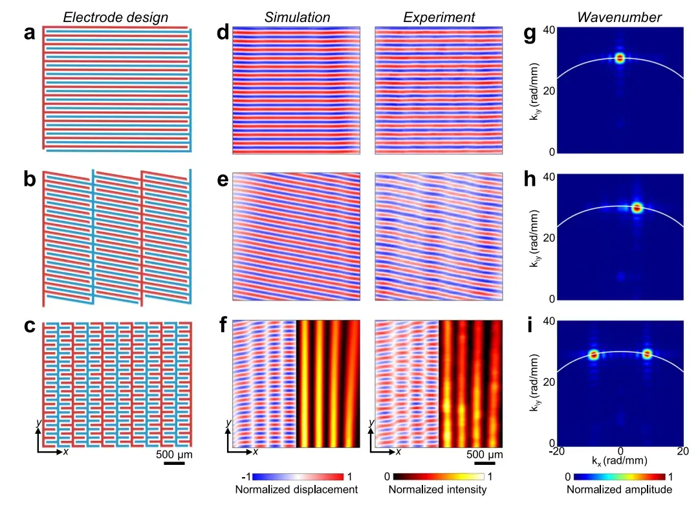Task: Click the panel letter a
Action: pos(29,34)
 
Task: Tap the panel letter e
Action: pos(223,180)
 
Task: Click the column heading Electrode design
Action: pos(115,17)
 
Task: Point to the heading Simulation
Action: pos(297,17)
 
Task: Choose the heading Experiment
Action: pos(439,17)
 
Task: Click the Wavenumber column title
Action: pos(619,17)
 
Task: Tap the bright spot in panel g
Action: pos(620,58)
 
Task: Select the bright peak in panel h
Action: pos(637,207)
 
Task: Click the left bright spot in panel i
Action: pos(593,355)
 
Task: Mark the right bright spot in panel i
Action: pos(648,354)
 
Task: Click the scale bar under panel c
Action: pos(174,464)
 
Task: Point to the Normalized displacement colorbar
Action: pos(298,477)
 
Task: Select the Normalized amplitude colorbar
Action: pos(620,477)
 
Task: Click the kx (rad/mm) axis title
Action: pos(619,460)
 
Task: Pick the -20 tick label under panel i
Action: pos(556,451)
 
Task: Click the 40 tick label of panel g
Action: pos(549,30)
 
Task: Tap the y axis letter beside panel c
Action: pos(39,422)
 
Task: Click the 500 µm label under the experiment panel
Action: pos(485,454)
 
